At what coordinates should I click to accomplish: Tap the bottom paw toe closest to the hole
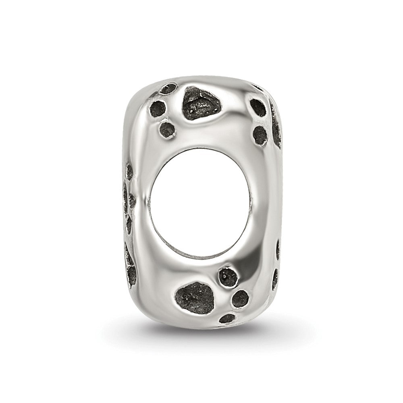(x=228, y=277)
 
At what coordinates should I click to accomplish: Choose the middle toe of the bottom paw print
(x=240, y=299)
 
